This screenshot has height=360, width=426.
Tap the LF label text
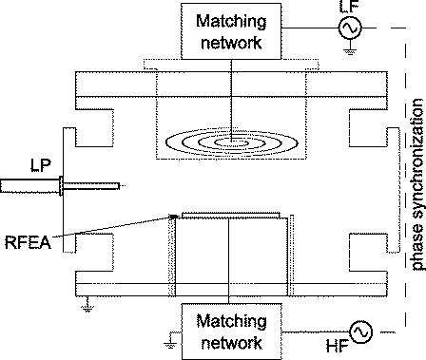[349, 8]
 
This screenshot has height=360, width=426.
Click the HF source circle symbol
[360, 305]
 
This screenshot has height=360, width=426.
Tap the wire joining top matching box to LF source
[302, 28]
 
